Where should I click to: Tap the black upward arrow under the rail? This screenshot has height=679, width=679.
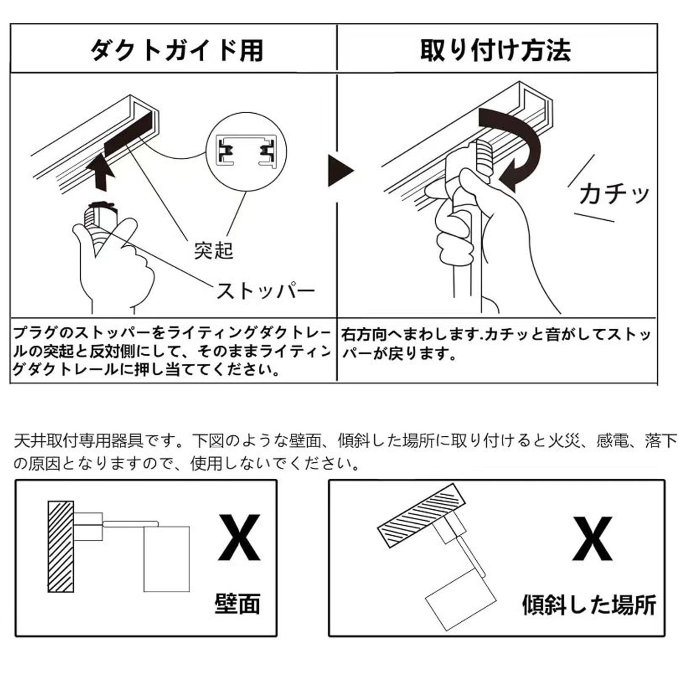[100, 172]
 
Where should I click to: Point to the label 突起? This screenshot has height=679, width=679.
[213, 251]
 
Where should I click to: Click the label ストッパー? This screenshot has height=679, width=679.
[265, 292]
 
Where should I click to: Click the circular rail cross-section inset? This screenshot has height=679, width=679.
[246, 152]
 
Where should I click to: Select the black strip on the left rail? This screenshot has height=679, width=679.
[129, 134]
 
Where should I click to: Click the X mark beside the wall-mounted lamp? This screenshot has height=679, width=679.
[239, 538]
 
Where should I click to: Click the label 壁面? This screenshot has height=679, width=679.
[237, 604]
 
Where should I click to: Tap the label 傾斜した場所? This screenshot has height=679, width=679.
[589, 605]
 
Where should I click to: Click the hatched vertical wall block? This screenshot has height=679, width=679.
[61, 547]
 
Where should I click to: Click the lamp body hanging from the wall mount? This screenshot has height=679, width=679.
[166, 559]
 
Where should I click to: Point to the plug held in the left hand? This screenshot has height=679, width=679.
[100, 221]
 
